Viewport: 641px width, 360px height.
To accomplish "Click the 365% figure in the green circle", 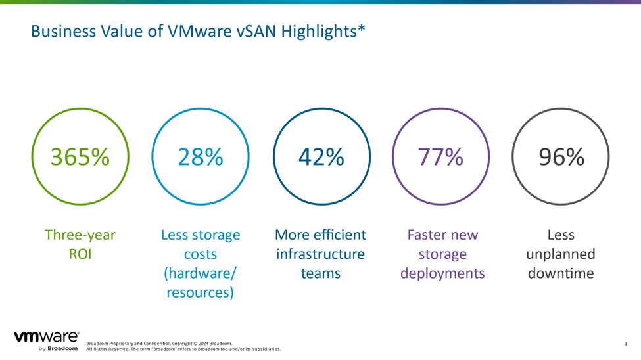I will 80,157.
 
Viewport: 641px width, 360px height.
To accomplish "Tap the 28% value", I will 201,157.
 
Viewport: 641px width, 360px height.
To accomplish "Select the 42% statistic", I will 321,157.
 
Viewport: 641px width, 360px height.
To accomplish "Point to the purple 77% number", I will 440,157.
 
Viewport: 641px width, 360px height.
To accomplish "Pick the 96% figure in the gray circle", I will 561,157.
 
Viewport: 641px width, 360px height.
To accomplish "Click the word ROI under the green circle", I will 80,254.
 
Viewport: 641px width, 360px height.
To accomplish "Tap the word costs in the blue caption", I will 201,254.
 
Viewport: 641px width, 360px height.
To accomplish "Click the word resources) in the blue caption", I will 201,292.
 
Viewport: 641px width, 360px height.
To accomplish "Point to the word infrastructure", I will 321,254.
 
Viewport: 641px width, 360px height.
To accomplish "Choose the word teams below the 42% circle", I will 321,273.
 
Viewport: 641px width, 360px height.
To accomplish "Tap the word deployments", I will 442,273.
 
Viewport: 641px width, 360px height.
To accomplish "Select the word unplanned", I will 561,254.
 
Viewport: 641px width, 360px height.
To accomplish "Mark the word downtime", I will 561,273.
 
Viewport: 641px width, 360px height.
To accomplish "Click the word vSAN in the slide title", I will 257,31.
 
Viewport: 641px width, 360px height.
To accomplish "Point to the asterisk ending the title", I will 361,28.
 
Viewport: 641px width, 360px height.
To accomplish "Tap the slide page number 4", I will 625,344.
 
